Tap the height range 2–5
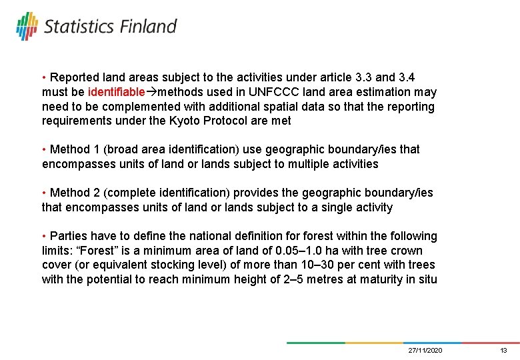[292, 279]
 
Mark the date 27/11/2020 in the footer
[425, 350]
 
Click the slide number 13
[503, 350]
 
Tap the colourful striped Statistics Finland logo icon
[27, 26]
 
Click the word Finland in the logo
[148, 27]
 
